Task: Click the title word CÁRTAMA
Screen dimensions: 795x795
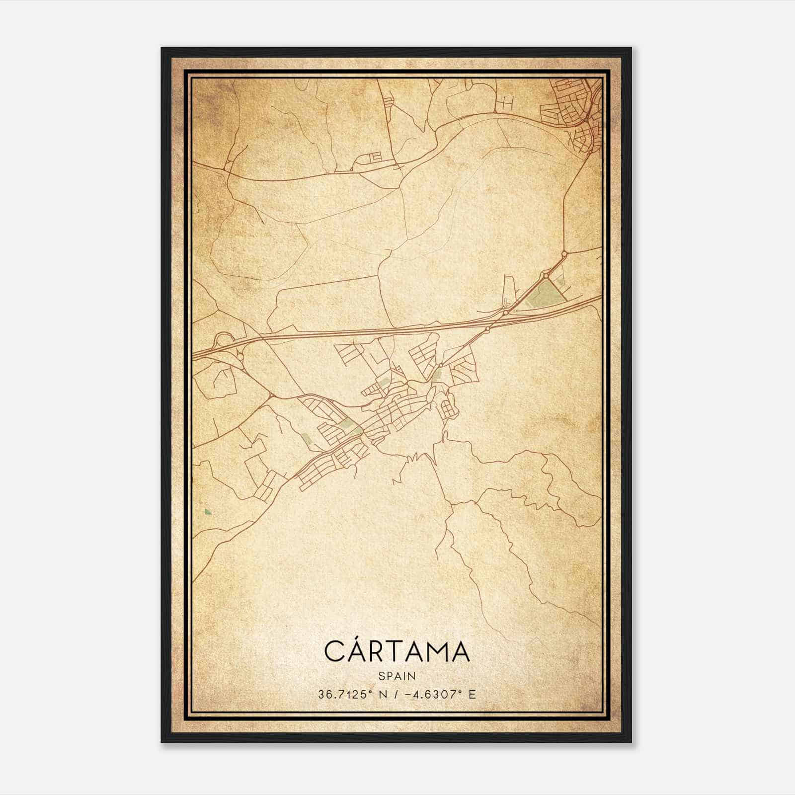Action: pos(397,651)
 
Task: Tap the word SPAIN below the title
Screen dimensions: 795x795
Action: pos(397,676)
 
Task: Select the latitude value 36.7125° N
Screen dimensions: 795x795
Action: pos(353,694)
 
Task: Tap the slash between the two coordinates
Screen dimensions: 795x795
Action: pos(396,694)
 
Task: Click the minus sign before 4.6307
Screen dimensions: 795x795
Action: pos(409,694)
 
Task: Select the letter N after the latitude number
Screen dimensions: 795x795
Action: pos(383,694)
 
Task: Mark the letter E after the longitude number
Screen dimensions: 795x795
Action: pos(472,694)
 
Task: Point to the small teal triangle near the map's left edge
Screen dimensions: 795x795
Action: pos(207,511)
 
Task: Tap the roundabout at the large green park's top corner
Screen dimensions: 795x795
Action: pos(545,275)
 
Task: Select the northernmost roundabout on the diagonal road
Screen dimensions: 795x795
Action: pos(564,254)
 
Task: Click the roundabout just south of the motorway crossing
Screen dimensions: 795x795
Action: pos(487,329)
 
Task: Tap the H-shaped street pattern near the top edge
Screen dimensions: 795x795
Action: pos(507,102)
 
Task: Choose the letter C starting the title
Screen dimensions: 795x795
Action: pos(334,652)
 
